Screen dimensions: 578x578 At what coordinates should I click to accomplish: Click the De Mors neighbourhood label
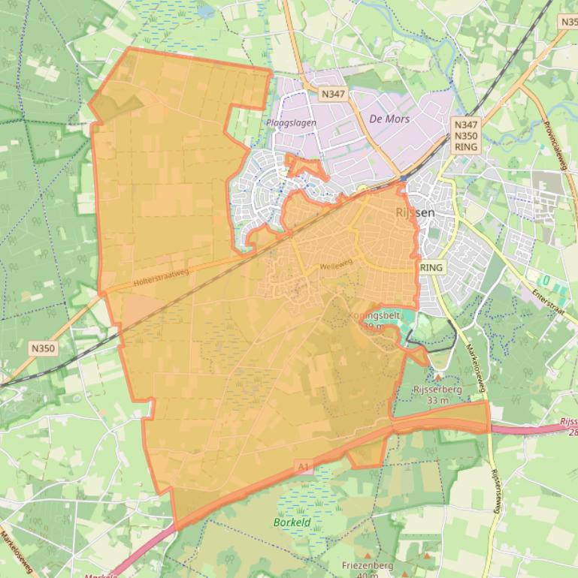pyautogui.click(x=389, y=118)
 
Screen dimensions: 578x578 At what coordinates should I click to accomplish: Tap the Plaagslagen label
pyautogui.click(x=291, y=122)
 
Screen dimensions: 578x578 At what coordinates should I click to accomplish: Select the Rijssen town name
pyautogui.click(x=415, y=212)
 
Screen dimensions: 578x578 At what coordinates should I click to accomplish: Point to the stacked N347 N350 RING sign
pyautogui.click(x=466, y=135)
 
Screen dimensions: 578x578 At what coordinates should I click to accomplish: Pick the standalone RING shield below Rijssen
pyautogui.click(x=432, y=267)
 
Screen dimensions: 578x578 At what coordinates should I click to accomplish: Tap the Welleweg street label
pyautogui.click(x=335, y=266)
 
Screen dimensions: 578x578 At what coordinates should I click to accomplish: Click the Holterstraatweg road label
pyautogui.click(x=160, y=277)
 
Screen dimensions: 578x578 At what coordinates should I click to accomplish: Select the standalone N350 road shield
pyautogui.click(x=44, y=348)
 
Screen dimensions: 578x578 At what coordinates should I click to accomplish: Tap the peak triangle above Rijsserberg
pyautogui.click(x=438, y=378)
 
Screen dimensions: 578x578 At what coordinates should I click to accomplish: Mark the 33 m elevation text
pyautogui.click(x=437, y=400)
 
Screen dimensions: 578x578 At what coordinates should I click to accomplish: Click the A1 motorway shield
pyautogui.click(x=303, y=468)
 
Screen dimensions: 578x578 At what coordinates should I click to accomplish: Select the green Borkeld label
pyautogui.click(x=292, y=522)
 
